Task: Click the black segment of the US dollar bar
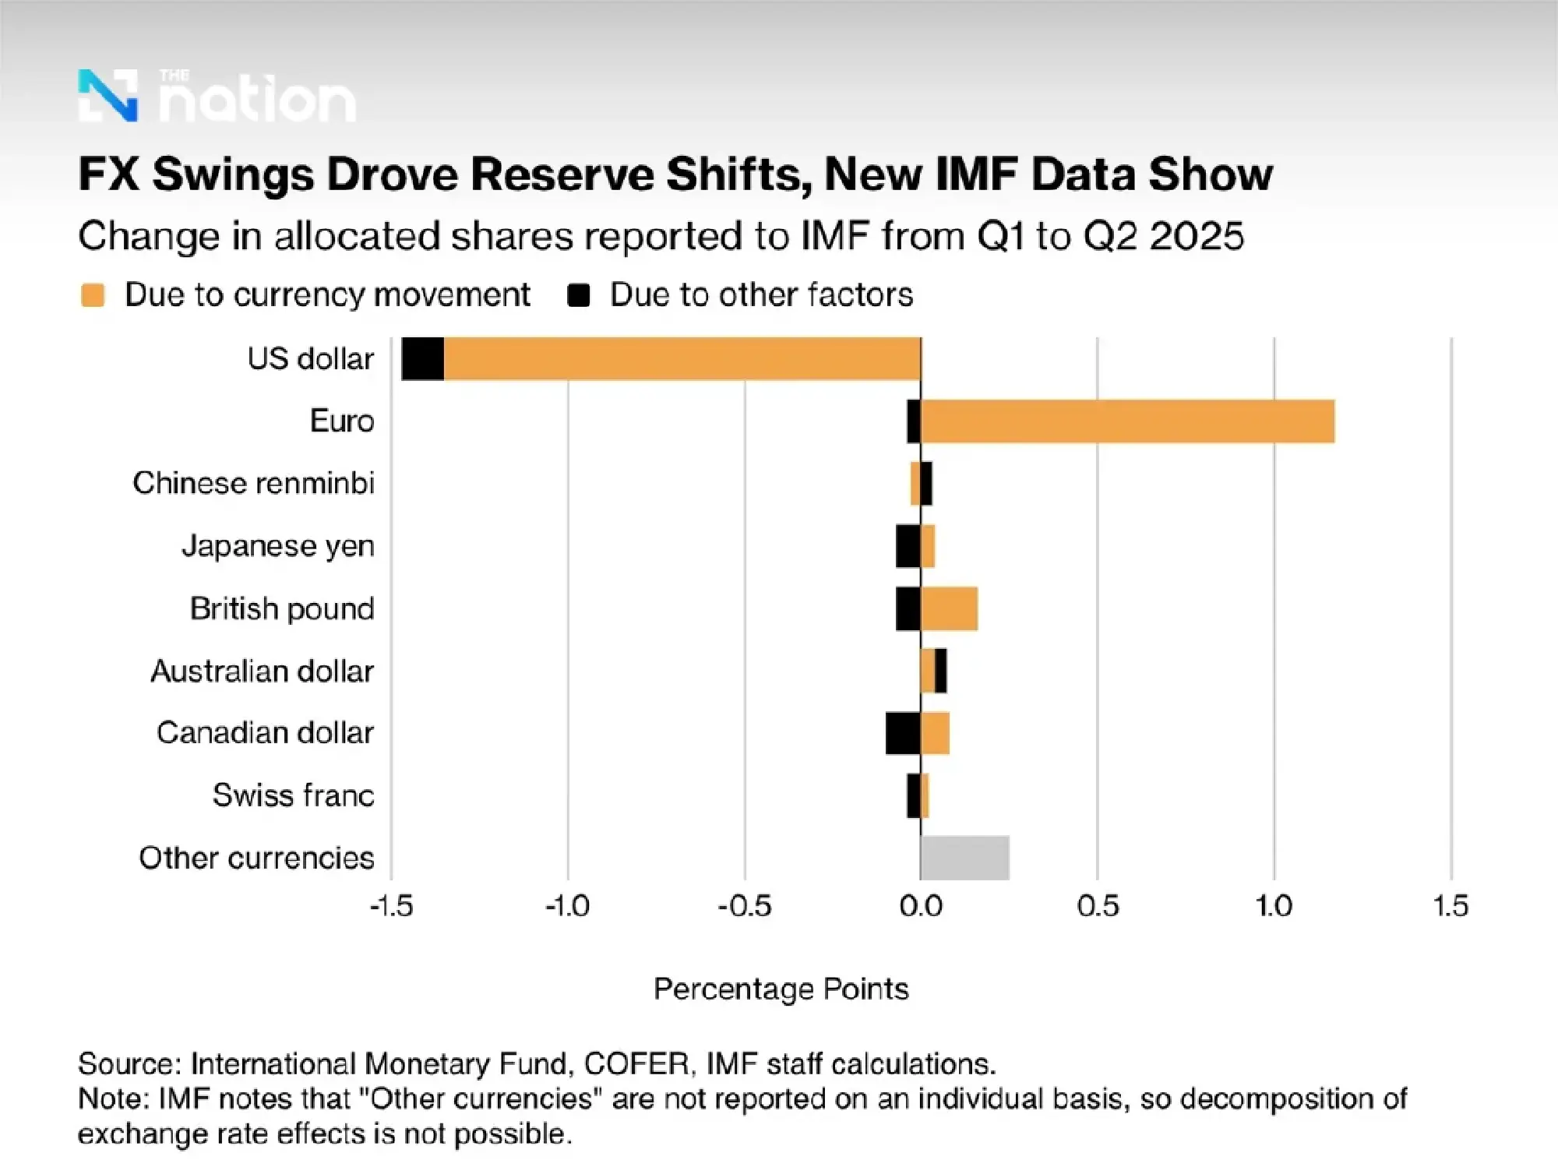tap(422, 359)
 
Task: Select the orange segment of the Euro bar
tap(1127, 421)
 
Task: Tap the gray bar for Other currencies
tap(964, 858)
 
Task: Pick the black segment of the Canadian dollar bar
tap(903, 733)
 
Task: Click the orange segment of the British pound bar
tap(949, 608)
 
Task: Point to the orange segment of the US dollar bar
tap(682, 359)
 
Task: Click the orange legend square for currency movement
tap(93, 295)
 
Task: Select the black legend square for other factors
tap(579, 295)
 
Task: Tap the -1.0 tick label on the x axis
tap(567, 906)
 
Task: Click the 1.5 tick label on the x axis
tap(1450, 906)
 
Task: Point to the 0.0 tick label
tap(921, 906)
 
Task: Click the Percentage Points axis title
tap(781, 989)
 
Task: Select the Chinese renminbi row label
tap(253, 483)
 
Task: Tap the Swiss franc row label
tap(293, 795)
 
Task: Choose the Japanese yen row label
tap(278, 546)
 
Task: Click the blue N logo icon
tap(108, 96)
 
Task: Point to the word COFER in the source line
tap(636, 1063)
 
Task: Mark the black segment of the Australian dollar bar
tap(941, 671)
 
